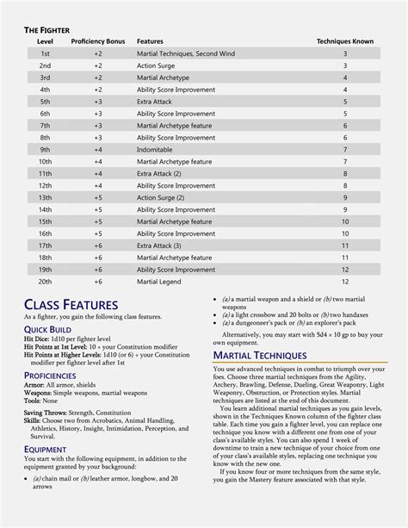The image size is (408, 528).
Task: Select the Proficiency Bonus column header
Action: (x=98, y=41)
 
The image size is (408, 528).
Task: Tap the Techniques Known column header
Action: (x=345, y=41)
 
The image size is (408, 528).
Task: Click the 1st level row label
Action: (x=45, y=53)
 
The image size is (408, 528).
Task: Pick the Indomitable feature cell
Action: (x=156, y=149)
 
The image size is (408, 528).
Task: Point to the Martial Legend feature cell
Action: (x=159, y=281)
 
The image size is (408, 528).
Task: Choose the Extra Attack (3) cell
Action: (x=158, y=245)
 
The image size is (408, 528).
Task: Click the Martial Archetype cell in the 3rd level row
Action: (x=164, y=78)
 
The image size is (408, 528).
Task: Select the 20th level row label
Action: (x=45, y=281)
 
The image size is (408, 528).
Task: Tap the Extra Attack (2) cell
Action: (x=158, y=173)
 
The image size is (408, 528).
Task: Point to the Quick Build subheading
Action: (x=47, y=330)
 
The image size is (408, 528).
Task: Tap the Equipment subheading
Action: (x=45, y=449)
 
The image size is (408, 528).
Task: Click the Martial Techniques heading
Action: (x=259, y=355)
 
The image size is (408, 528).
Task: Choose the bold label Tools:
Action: (x=34, y=401)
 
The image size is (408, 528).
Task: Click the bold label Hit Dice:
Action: (x=38, y=339)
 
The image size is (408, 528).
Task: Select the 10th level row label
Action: (x=45, y=161)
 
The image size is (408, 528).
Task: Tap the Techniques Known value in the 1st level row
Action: (x=345, y=53)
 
